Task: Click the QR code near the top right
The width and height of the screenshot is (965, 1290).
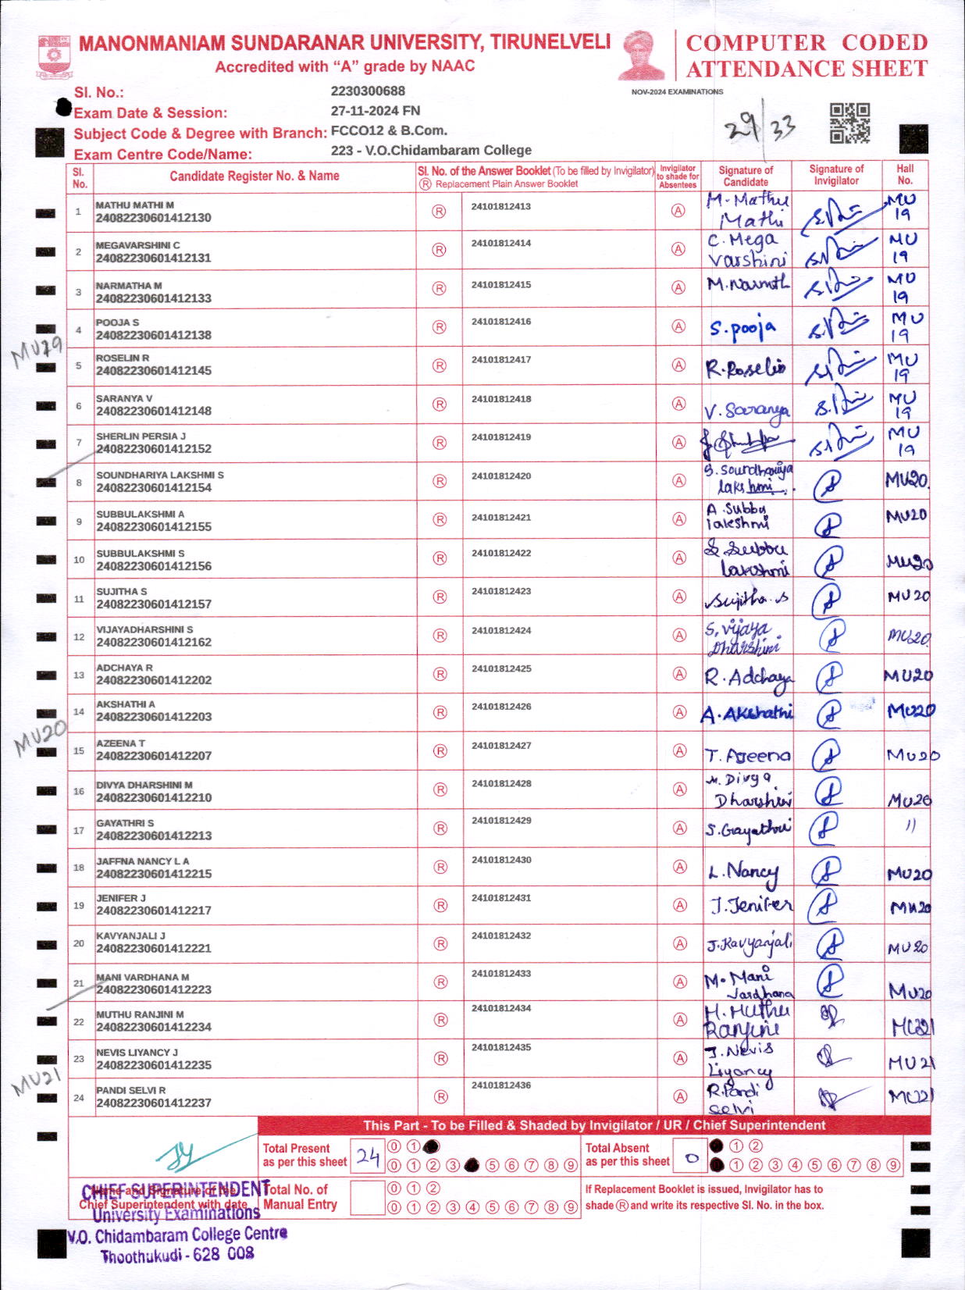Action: click(849, 123)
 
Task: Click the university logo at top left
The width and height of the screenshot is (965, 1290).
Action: click(54, 55)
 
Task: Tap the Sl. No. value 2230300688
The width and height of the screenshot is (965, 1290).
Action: click(368, 91)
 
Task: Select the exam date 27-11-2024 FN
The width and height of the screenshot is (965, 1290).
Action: click(375, 111)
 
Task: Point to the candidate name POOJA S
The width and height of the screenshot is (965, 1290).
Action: click(117, 322)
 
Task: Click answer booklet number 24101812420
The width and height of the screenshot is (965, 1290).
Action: click(501, 476)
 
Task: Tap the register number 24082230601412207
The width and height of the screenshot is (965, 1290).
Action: click(154, 756)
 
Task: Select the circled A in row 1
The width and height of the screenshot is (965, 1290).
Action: click(678, 211)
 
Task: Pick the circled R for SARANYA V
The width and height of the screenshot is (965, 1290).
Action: click(440, 404)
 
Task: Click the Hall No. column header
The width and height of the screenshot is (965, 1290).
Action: click(905, 174)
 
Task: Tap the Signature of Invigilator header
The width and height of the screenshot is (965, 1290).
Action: click(836, 174)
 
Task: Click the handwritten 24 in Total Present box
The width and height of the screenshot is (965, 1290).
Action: click(368, 1156)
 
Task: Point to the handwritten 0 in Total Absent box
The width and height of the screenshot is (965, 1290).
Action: click(691, 1159)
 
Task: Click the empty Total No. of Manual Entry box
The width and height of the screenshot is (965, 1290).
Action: click(367, 1197)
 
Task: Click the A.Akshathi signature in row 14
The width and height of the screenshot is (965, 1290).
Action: click(747, 713)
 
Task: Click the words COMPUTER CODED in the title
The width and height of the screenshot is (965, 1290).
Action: click(807, 43)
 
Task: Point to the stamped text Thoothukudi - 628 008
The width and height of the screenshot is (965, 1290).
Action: click(177, 1256)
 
